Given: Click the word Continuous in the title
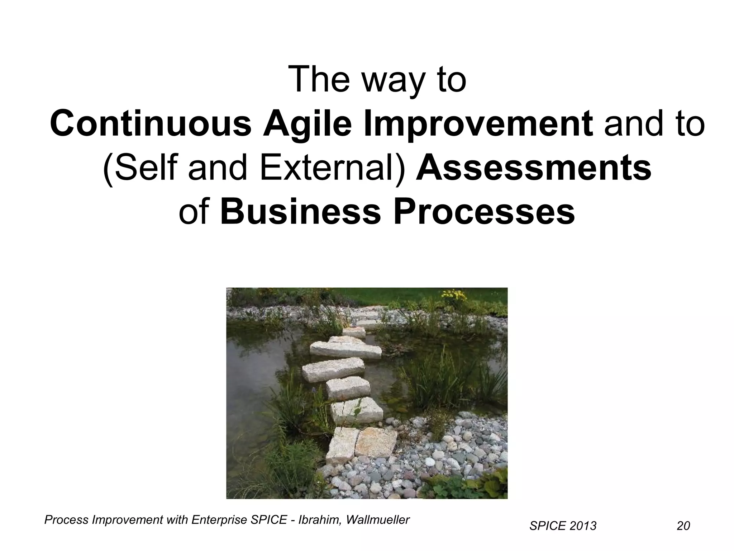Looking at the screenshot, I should [151, 124].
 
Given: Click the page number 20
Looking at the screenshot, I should [683, 526].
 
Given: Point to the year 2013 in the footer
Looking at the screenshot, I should [583, 526].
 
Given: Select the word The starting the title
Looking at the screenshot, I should [319, 80].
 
